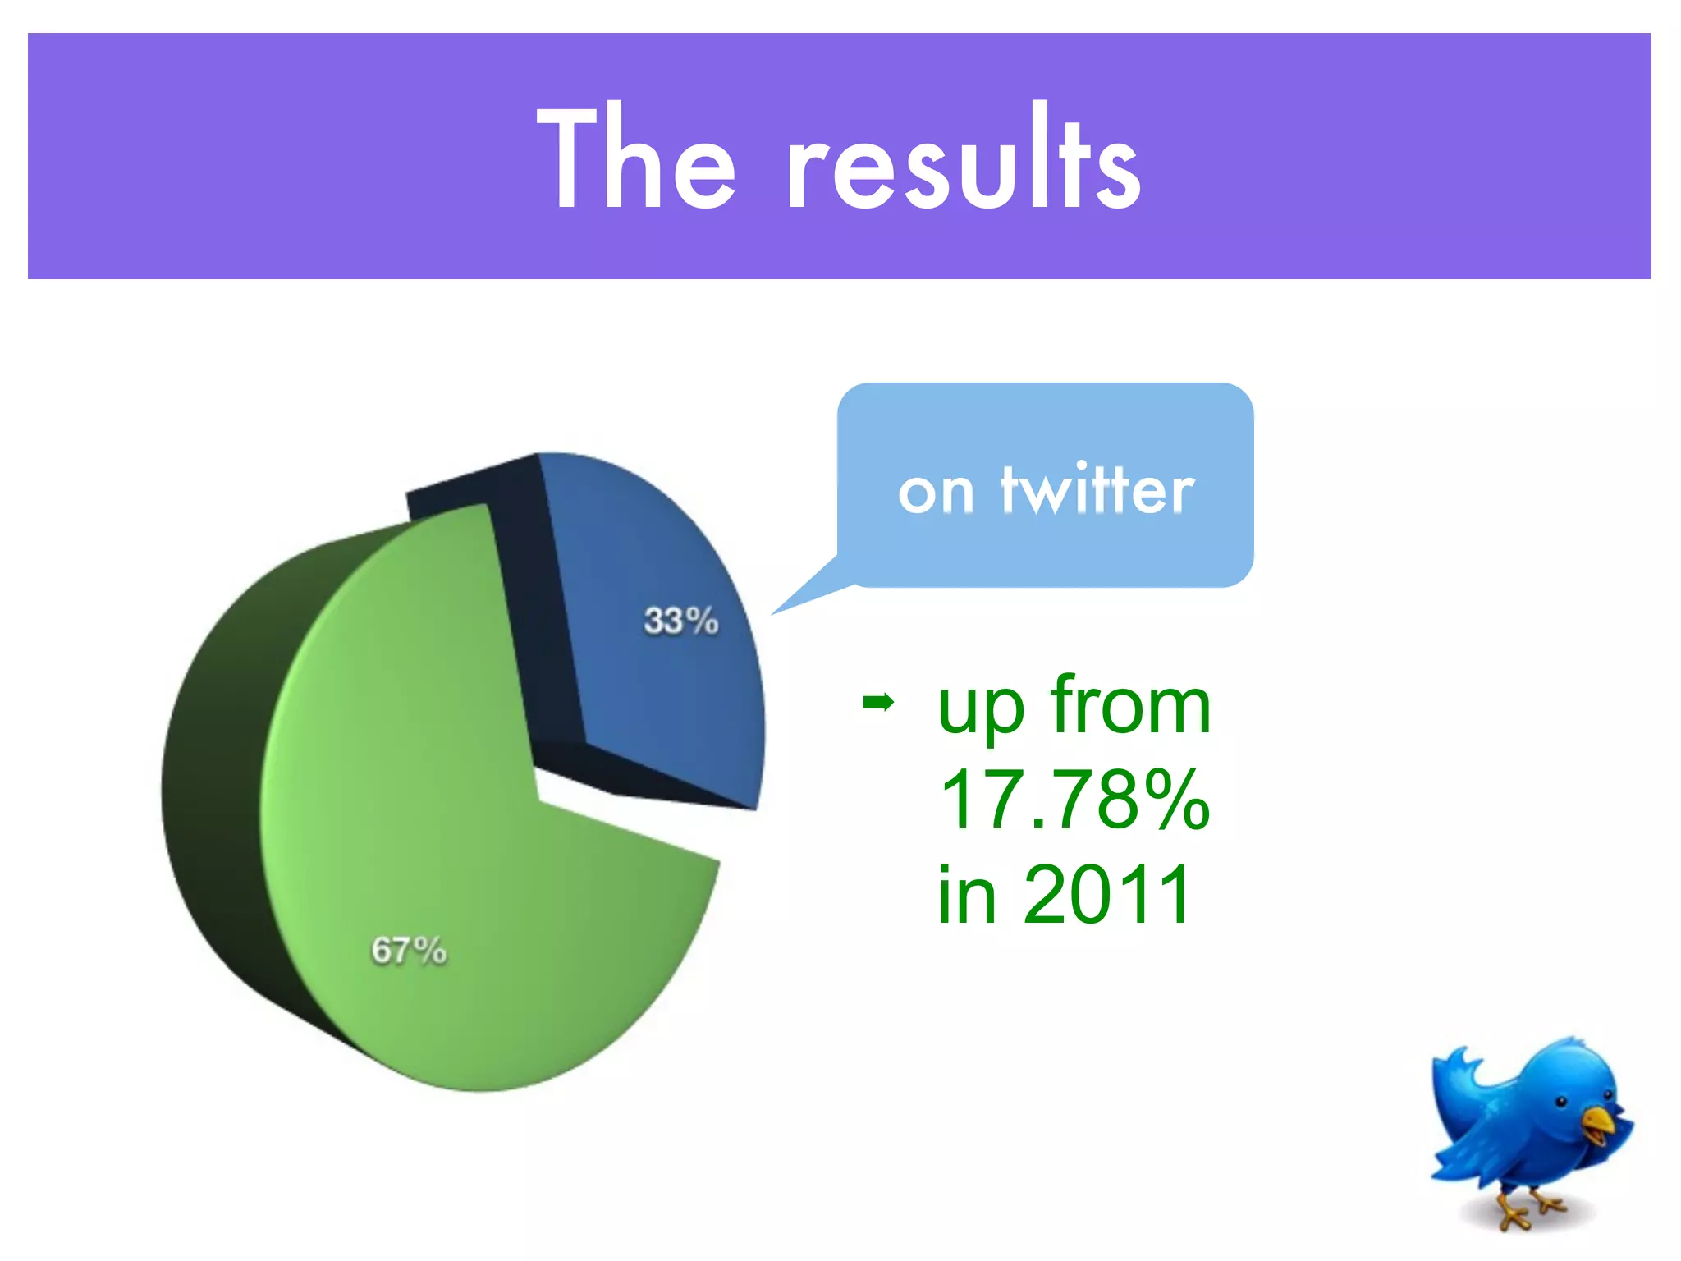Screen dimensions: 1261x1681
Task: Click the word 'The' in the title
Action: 636,160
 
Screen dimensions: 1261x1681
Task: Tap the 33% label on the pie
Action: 680,621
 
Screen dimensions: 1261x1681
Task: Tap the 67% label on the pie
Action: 409,951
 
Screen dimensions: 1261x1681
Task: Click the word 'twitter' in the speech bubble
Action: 1097,490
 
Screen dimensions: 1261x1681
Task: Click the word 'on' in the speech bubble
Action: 936,493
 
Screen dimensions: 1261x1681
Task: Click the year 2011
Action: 1107,894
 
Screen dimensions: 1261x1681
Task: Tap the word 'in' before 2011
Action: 967,894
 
